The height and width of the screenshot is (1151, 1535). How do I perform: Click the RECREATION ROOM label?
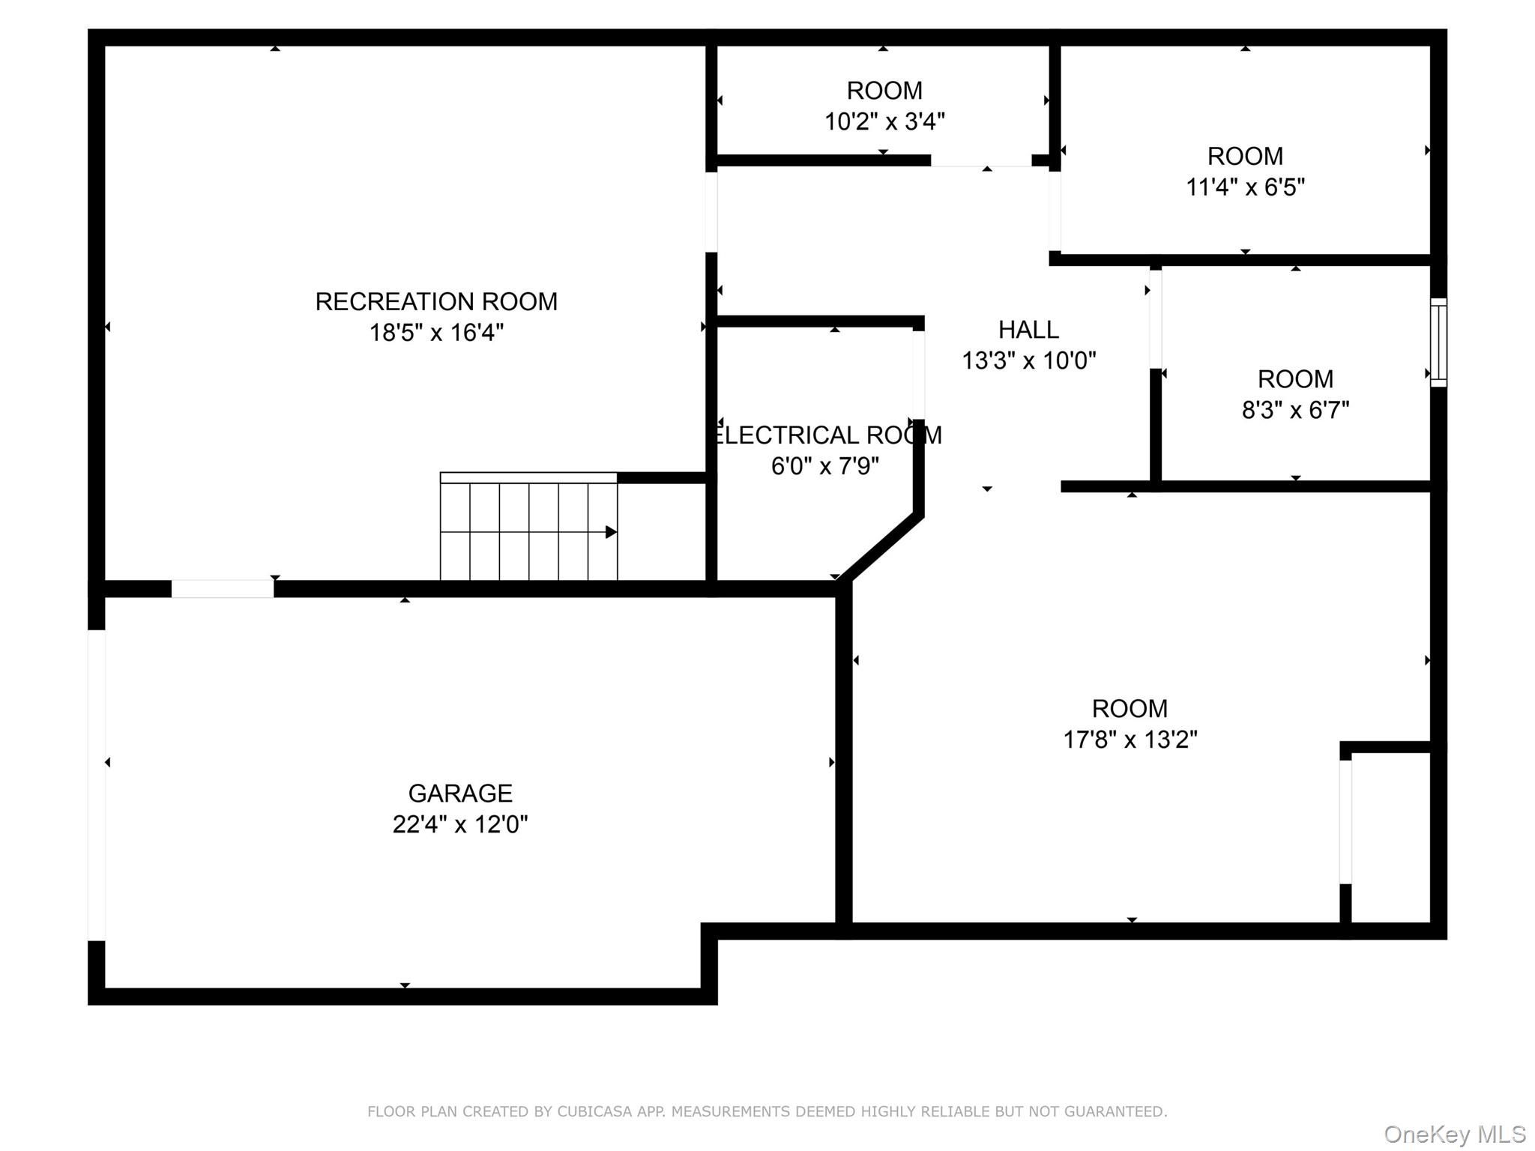pyautogui.click(x=436, y=301)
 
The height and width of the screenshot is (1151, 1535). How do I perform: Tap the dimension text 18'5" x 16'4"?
pyautogui.click(x=436, y=333)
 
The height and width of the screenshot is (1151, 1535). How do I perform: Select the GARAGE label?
pyautogui.click(x=460, y=793)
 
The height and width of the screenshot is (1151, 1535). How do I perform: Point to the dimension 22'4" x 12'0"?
pyautogui.click(x=460, y=824)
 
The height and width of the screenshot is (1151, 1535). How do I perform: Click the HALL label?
pyautogui.click(x=1028, y=330)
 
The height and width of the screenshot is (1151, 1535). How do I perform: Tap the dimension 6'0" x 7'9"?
pyautogui.click(x=824, y=466)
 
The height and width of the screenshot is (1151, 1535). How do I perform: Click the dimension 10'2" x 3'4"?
pyautogui.click(x=884, y=121)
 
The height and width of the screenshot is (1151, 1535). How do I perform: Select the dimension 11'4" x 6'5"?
pyautogui.click(x=1245, y=187)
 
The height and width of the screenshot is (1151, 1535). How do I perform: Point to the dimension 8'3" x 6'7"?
pyautogui.click(x=1295, y=410)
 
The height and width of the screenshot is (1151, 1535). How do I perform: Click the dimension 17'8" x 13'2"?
pyautogui.click(x=1130, y=740)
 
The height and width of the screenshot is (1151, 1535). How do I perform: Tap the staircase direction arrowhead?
pyautogui.click(x=611, y=532)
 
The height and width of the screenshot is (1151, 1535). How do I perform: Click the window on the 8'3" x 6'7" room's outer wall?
pyautogui.click(x=1438, y=342)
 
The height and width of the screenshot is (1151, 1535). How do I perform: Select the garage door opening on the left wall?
pyautogui.click(x=96, y=785)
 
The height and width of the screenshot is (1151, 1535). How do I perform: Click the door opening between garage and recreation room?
pyautogui.click(x=223, y=589)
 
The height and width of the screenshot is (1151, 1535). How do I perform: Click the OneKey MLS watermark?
pyautogui.click(x=1454, y=1135)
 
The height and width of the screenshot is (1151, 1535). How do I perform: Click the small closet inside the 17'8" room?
pyautogui.click(x=1391, y=836)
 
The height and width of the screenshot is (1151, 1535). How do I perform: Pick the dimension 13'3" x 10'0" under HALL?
pyautogui.click(x=1028, y=361)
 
